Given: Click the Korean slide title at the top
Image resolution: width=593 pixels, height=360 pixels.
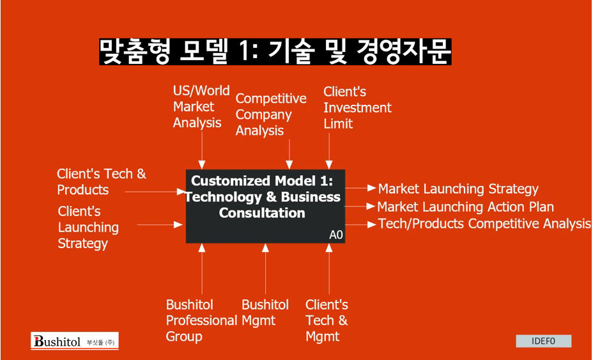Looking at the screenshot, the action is [275, 52].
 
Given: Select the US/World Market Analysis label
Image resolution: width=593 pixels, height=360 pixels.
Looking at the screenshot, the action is [201, 107].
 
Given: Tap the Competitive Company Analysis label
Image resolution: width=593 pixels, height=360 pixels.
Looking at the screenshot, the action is [271, 114].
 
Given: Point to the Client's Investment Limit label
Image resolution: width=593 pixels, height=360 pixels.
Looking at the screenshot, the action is [357, 107].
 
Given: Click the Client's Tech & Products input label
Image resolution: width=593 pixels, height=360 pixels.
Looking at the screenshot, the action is [102, 182].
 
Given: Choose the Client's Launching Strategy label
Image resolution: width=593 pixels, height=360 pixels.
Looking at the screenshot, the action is [88, 227].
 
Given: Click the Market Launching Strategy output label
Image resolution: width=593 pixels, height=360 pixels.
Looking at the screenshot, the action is [458, 189].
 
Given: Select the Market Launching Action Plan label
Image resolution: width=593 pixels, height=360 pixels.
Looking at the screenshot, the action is [466, 207].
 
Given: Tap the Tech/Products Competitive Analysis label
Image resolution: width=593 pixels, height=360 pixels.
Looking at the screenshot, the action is [484, 223].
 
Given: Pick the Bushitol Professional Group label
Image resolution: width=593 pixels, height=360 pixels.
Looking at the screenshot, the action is [201, 320].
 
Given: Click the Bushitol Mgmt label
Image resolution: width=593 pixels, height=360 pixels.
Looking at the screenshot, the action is [265, 313].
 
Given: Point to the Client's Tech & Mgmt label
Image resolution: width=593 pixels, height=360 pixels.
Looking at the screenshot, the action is [327, 320].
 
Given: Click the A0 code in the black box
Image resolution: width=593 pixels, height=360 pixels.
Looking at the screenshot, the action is [336, 235].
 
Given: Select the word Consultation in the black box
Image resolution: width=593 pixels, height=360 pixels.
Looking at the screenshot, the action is [262, 213].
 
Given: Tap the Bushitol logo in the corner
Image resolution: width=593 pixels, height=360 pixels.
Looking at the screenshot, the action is [75, 341].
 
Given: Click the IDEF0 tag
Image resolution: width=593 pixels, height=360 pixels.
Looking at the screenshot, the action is [543, 341].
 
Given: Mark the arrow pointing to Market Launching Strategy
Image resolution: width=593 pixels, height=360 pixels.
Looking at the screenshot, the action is [360, 188].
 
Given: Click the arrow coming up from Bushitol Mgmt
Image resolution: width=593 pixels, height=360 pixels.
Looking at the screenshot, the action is [265, 269].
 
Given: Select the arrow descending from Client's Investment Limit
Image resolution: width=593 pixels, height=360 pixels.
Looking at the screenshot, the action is [329, 151].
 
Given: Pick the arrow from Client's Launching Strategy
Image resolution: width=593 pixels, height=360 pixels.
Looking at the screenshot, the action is [160, 225].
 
